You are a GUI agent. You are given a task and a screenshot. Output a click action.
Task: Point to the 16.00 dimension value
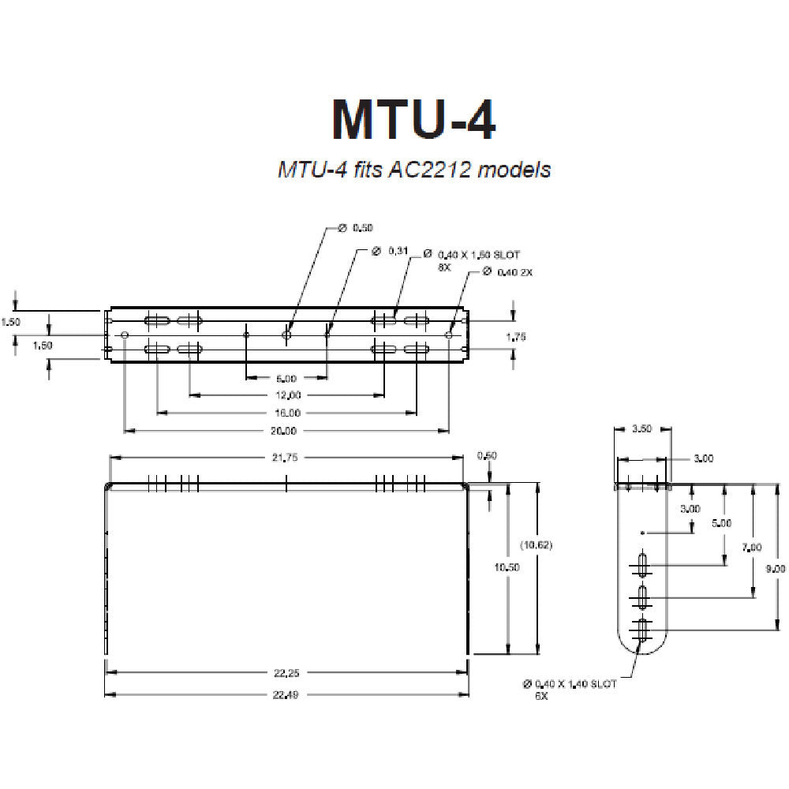point(288,413)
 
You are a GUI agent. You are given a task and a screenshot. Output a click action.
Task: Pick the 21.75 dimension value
point(286,458)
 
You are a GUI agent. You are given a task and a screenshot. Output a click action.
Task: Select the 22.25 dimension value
point(286,673)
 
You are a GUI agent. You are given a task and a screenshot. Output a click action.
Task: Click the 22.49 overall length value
point(286,694)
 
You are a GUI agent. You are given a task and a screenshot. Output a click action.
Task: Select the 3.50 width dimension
point(642,430)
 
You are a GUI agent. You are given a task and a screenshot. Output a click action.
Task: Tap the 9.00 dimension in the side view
point(778,568)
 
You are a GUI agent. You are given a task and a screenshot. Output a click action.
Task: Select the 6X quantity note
point(540,697)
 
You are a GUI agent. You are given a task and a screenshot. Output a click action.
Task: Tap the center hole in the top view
point(286,335)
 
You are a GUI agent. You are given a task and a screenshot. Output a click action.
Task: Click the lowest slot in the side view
point(643,629)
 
